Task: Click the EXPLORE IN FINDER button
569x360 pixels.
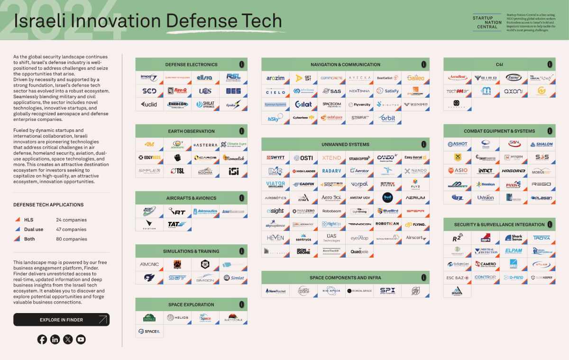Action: (61, 320)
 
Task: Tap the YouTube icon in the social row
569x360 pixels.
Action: (81, 339)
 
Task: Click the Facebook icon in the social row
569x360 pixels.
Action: (42, 339)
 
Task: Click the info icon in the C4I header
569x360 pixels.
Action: (550, 64)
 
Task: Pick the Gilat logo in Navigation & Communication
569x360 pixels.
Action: (303, 104)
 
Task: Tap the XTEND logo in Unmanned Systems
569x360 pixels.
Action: (331, 158)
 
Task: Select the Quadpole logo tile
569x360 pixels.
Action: (359, 251)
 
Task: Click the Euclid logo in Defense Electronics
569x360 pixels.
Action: (149, 104)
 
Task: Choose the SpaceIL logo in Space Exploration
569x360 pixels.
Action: (149, 331)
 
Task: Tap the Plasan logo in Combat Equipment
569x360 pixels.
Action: (541, 198)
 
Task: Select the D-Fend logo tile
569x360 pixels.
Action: (514, 277)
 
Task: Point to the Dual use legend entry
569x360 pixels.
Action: (33, 230)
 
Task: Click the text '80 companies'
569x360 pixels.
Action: (71, 239)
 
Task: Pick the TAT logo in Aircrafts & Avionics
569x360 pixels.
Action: (177, 224)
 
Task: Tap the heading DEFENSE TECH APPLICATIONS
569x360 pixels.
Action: (48, 205)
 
